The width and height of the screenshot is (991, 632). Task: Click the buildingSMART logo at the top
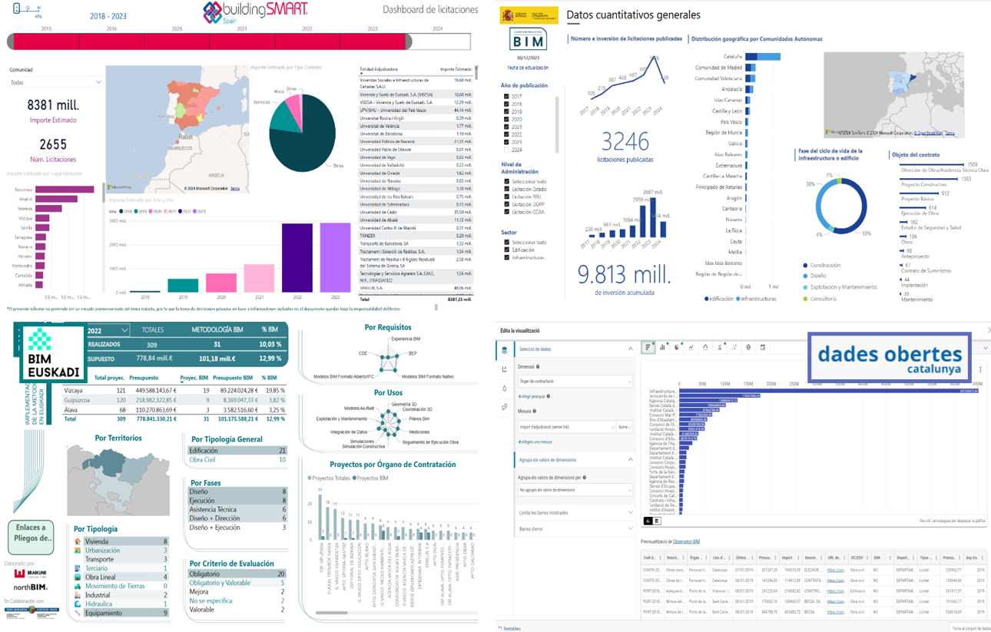(x=256, y=13)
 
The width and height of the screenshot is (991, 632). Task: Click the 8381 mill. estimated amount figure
(x=53, y=105)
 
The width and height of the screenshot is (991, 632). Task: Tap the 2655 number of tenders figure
(x=53, y=144)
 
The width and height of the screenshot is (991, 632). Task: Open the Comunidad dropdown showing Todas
(x=55, y=82)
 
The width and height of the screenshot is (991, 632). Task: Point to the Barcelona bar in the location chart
(x=65, y=190)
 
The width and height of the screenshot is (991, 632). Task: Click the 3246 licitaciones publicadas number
(x=625, y=141)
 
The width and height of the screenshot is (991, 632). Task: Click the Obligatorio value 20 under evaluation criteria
(x=281, y=574)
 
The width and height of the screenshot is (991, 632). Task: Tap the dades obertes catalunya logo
(x=889, y=357)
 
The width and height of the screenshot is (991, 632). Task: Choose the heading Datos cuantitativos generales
(x=633, y=15)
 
